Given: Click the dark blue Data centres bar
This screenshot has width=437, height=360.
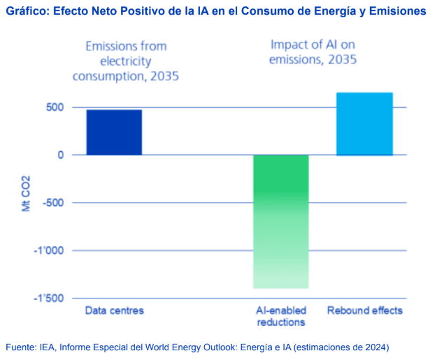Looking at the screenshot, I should pos(114,132).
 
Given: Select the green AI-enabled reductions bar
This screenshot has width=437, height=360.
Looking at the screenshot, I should pos(280,221).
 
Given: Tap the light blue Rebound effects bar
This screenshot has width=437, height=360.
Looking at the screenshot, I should pos(364,124).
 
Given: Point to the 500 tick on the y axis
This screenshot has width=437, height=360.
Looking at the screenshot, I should pos(56,107).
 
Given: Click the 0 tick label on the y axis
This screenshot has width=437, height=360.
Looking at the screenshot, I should pos(61,154).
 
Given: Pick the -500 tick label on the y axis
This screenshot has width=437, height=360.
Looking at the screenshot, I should pos(53,203).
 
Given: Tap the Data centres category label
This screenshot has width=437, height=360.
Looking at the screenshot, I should pos(114,310).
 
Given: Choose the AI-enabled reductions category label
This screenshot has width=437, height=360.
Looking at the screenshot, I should pos(280,316).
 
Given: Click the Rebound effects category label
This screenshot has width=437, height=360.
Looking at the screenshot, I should pos(365,310).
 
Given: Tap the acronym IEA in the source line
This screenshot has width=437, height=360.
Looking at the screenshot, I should pos(53,347).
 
